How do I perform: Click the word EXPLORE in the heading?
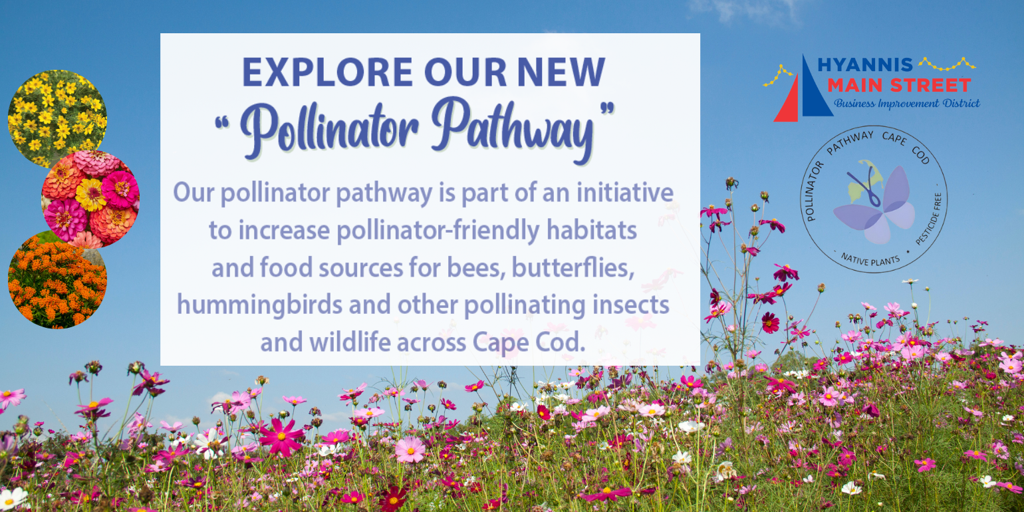(x=328, y=72)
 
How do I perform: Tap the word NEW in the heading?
(x=561, y=72)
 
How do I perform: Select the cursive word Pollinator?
(x=329, y=126)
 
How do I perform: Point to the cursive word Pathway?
(x=512, y=128)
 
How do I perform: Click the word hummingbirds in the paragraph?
(x=259, y=305)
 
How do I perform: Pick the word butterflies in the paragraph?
(x=573, y=267)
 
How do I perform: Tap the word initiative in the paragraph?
(x=625, y=192)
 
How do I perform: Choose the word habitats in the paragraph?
(x=592, y=230)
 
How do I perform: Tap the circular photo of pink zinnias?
(x=90, y=199)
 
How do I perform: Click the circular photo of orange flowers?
(x=57, y=280)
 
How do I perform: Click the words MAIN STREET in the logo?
(x=899, y=86)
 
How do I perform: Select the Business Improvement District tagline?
(x=907, y=104)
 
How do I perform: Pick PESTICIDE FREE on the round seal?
(x=930, y=219)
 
